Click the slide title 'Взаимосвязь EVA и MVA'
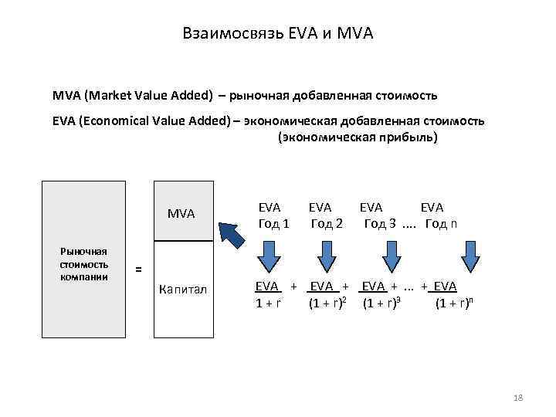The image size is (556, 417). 278,33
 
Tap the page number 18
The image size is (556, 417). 518,397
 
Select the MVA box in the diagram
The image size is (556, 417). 182,212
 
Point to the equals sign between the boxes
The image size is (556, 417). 138,270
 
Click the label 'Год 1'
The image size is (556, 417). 274,224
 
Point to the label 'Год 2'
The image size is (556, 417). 327,224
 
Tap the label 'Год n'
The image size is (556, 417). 446,224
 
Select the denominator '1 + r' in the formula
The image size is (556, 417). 268,303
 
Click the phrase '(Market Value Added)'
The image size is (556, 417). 147,96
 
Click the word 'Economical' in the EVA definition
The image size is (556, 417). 114,121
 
